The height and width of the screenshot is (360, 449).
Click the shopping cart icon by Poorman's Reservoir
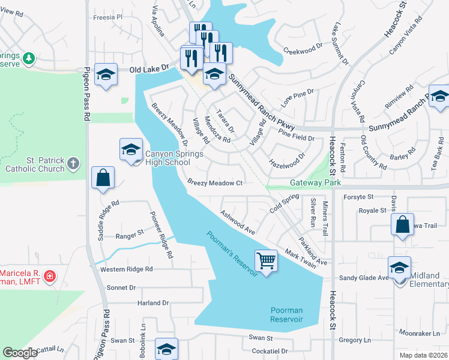click(x=266, y=261)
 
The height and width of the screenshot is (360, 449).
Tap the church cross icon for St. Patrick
click(x=73, y=163)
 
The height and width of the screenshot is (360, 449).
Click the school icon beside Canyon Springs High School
click(x=131, y=150)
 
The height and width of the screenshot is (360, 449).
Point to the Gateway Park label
click(x=315, y=182)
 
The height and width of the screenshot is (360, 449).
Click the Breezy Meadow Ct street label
click(x=214, y=182)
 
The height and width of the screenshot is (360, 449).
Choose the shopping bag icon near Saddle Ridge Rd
click(x=103, y=178)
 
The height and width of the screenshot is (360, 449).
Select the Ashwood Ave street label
click(x=238, y=221)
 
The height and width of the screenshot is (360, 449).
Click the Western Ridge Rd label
click(x=127, y=269)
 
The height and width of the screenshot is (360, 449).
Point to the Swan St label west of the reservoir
click(x=122, y=340)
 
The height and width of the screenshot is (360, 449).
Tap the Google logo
click(x=20, y=353)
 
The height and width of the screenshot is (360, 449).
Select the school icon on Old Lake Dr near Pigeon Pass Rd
click(x=106, y=75)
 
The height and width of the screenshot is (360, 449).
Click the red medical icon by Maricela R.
click(x=50, y=277)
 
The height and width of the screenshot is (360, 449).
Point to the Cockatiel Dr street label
click(x=270, y=351)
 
